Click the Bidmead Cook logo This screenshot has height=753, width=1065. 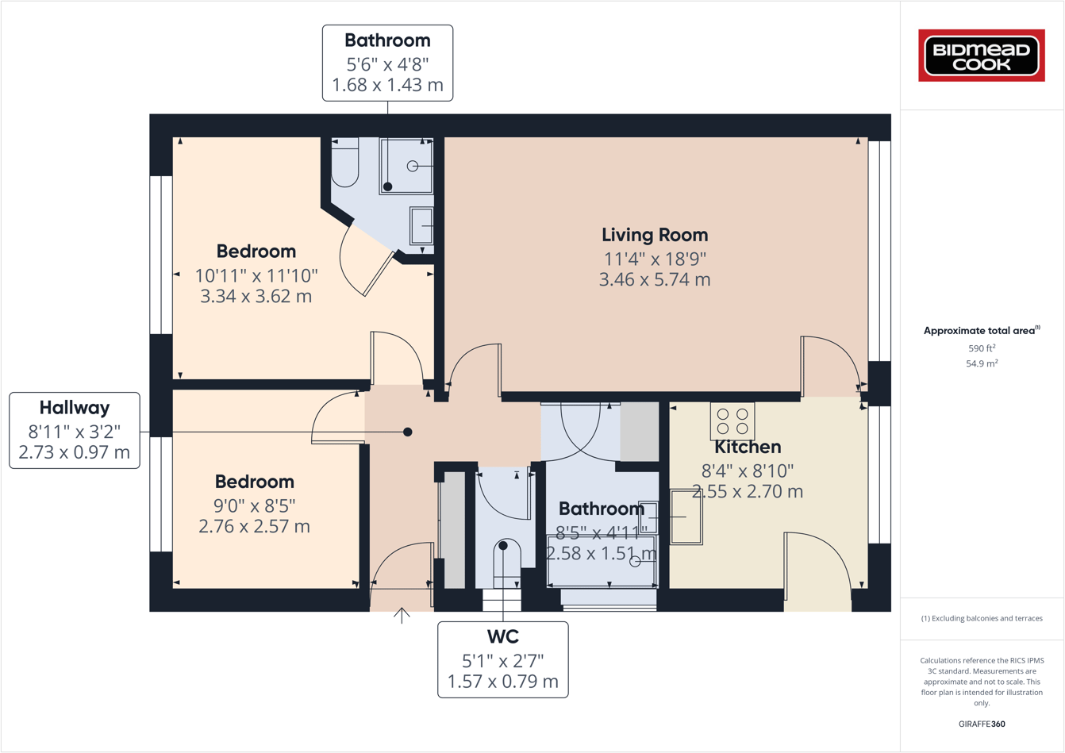(x=981, y=56)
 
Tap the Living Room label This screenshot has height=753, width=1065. (x=654, y=235)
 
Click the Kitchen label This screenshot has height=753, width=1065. (x=748, y=448)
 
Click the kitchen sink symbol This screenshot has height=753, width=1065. (x=686, y=517)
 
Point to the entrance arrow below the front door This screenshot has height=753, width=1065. (x=402, y=615)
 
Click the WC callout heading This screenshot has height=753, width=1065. (x=502, y=637)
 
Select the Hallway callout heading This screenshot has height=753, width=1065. (x=75, y=408)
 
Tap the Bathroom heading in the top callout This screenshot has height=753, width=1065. (x=387, y=40)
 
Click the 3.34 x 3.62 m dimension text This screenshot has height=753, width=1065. (x=256, y=297)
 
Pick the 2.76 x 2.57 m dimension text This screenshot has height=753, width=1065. (x=254, y=527)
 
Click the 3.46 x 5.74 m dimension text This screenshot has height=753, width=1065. (x=654, y=279)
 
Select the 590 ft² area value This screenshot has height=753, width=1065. (x=982, y=348)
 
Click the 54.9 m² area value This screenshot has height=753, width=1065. (x=982, y=363)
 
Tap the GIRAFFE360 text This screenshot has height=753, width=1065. (x=982, y=724)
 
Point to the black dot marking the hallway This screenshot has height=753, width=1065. (x=407, y=432)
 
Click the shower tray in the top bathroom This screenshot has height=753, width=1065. (x=406, y=166)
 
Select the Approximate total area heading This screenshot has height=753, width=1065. (x=981, y=331)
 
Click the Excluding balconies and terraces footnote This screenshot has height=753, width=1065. (x=982, y=618)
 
